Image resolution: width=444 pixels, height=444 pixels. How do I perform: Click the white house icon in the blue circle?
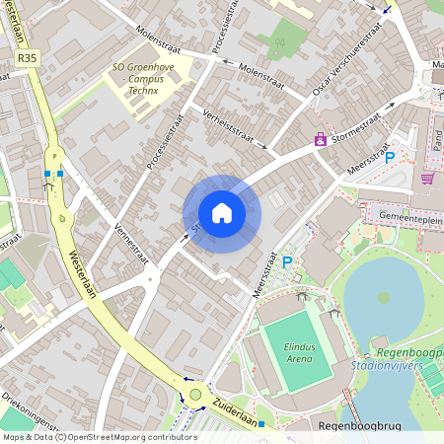(x=222, y=213)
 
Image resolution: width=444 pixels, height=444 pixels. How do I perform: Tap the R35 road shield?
(x=27, y=59)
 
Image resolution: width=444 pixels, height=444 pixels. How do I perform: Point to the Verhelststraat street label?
(x=234, y=126)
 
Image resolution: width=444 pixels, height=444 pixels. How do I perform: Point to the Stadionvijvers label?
(x=387, y=365)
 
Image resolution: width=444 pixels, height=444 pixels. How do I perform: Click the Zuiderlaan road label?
(x=241, y=421)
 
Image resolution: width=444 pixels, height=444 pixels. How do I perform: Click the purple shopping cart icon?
(x=427, y=179)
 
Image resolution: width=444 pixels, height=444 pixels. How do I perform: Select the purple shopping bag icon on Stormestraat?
(x=321, y=140)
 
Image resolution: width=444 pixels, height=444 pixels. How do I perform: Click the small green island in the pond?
(x=384, y=297)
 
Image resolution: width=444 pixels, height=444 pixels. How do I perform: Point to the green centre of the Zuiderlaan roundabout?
(x=195, y=395)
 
